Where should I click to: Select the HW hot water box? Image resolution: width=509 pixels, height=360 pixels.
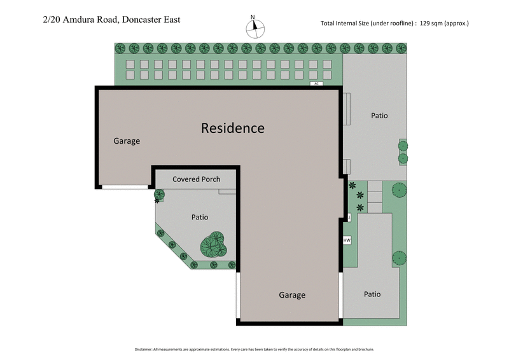(347, 240)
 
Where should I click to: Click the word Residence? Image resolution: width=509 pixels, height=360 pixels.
(232, 128)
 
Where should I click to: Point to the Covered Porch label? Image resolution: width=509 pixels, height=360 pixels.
(196, 179)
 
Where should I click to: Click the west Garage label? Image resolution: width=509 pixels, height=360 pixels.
(127, 141)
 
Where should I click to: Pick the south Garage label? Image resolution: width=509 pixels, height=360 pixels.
(292, 295)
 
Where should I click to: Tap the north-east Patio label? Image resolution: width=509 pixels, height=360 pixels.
(379, 116)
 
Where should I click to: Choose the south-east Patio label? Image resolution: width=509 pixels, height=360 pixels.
(372, 294)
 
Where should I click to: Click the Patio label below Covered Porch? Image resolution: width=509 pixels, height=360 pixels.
(200, 218)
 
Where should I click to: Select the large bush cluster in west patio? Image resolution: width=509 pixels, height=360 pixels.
(214, 244)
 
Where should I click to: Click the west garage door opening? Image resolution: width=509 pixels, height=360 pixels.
(125, 186)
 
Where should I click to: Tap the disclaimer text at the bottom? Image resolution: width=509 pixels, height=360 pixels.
(254, 349)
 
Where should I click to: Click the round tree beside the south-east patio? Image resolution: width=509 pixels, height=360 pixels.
(399, 258)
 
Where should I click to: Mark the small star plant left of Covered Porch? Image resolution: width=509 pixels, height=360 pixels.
(158, 195)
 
